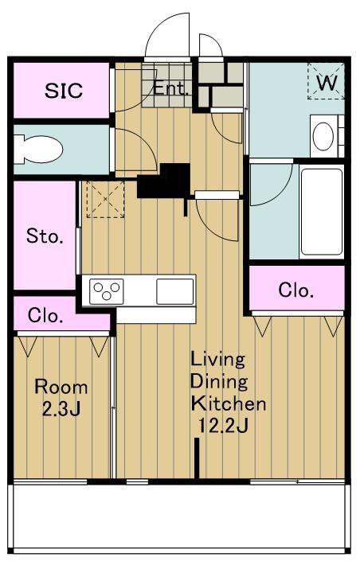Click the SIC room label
(x=64, y=91)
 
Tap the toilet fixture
(x=38, y=149)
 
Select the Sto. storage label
(x=45, y=236)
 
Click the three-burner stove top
(x=107, y=291)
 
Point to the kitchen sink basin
(x=175, y=291)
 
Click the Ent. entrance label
(x=171, y=88)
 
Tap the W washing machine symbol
(x=326, y=82)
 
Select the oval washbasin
(x=323, y=136)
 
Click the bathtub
(x=322, y=212)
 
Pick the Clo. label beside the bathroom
(x=295, y=290)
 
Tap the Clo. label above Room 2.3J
(x=45, y=316)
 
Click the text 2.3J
(x=61, y=410)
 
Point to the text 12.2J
(x=222, y=427)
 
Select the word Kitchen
(x=229, y=403)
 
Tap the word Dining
(x=219, y=382)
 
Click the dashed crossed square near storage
(x=106, y=199)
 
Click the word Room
(x=61, y=388)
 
